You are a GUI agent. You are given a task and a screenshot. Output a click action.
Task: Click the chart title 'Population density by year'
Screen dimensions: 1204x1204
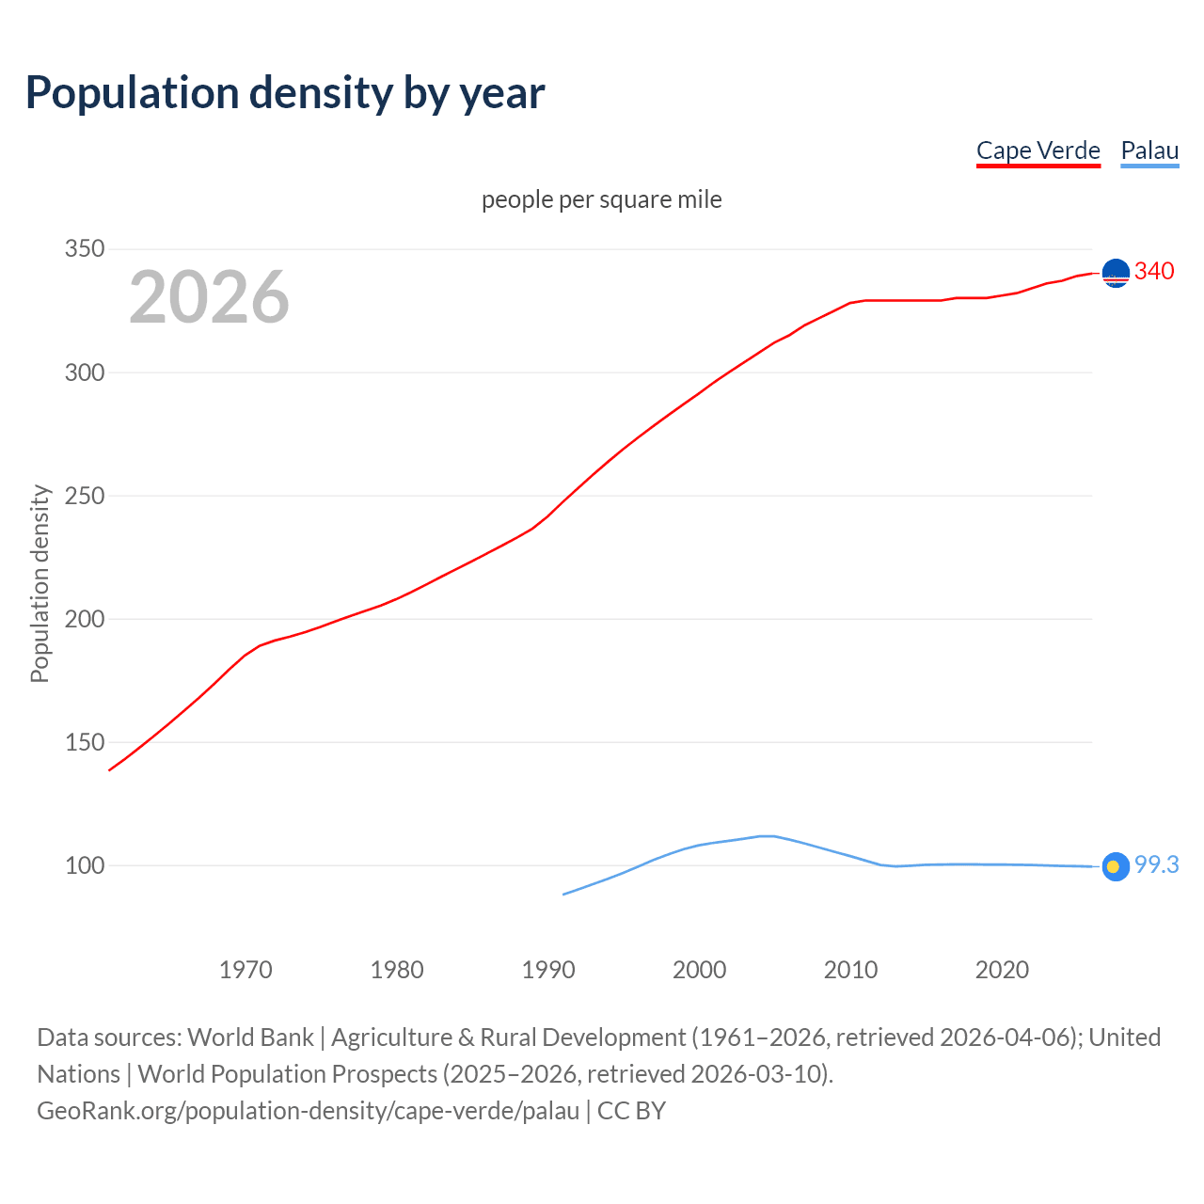pos(285,93)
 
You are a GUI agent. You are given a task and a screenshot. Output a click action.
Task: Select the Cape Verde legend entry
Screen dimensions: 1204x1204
pos(1038,150)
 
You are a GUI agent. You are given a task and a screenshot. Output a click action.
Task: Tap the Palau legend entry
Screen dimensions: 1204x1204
pos(1149,150)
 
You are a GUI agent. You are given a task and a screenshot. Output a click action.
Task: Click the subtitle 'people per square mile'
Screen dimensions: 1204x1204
pos(601,200)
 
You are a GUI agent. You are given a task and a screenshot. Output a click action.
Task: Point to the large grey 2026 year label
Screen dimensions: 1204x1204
pos(209,297)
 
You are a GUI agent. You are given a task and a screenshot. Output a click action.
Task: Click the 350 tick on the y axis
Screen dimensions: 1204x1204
pos(84,249)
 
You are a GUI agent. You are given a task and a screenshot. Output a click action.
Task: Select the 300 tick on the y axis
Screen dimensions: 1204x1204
pos(84,372)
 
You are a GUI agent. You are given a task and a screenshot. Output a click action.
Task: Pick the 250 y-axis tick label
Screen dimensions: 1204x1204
pos(84,496)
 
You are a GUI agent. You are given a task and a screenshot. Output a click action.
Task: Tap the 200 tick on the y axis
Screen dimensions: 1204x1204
pos(84,619)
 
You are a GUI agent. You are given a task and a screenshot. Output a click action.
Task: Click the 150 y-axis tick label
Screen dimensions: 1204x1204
pos(84,742)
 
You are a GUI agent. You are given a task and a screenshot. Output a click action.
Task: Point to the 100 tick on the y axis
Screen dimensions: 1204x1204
pos(84,865)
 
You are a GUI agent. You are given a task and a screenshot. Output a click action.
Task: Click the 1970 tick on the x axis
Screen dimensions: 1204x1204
pos(246,970)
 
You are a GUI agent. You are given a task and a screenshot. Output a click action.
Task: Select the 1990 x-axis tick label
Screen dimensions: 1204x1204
pos(548,970)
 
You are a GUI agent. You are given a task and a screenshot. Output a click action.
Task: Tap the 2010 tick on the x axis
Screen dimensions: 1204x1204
pos(850,970)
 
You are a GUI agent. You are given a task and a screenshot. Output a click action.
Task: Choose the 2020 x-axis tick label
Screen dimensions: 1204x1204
pos(1002,970)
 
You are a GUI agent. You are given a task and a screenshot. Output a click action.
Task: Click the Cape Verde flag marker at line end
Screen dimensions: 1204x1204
pos(1116,273)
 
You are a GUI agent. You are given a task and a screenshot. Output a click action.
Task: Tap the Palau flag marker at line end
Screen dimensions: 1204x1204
pos(1116,866)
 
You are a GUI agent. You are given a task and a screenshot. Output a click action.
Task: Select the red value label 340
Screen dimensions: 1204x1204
pos(1154,272)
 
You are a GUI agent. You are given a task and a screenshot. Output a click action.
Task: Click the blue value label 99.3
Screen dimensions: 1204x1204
pos(1156,865)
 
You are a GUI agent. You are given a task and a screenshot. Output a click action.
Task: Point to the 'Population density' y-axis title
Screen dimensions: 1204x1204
pos(40,583)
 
